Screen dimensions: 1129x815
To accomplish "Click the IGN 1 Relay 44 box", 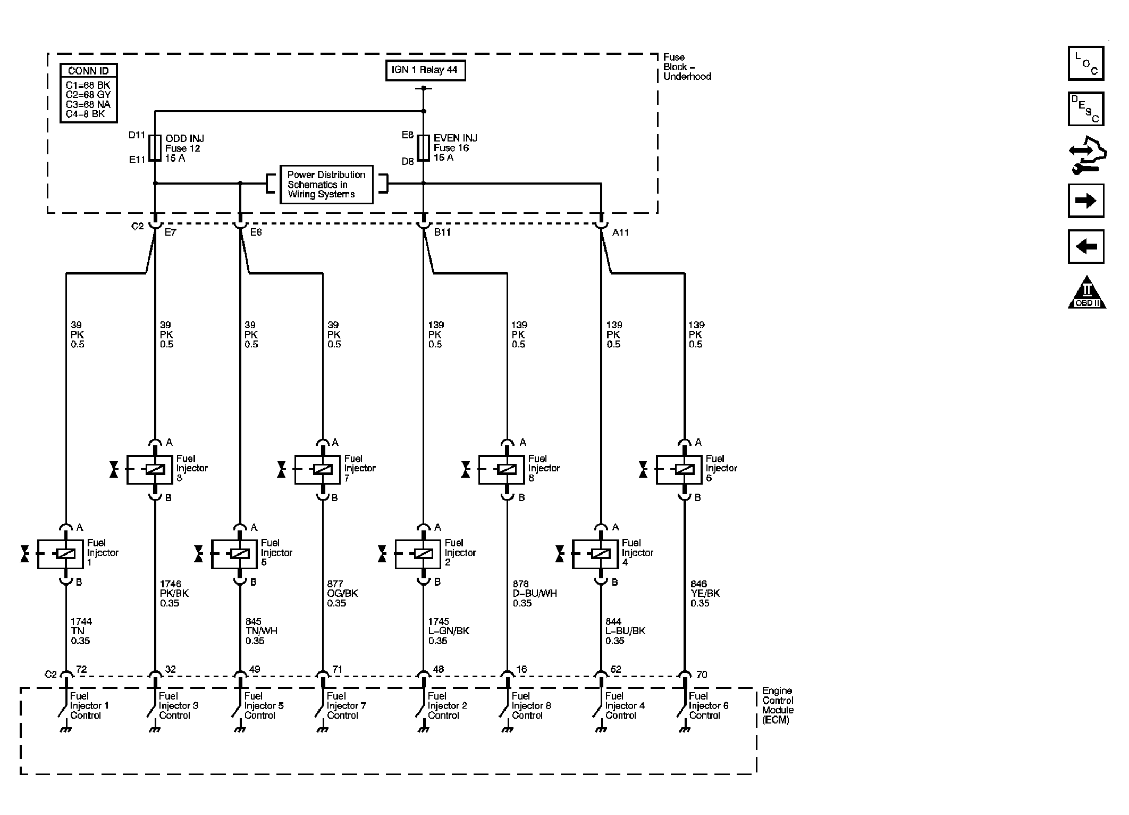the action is point(425,70).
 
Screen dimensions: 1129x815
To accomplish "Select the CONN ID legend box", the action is point(89,93).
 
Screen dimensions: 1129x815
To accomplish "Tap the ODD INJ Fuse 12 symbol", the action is point(155,148).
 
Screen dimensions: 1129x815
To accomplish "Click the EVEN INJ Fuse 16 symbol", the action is point(424,148).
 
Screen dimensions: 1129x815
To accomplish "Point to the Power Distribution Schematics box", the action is point(326,185).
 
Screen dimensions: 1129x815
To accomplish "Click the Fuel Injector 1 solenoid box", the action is point(60,554).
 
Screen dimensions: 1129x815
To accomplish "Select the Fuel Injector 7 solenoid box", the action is point(317,470).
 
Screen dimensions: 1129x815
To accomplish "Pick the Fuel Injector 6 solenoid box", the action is point(679,470).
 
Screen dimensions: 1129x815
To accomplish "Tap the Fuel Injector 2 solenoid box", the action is point(418,554).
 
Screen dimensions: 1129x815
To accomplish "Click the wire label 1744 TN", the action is point(81,631).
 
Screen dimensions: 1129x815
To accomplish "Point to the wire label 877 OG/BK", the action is point(342,594).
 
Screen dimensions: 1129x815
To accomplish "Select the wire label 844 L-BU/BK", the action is point(625,631).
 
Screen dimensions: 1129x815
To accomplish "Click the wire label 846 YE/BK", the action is point(705,594).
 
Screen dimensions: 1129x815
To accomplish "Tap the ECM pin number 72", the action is point(81,669).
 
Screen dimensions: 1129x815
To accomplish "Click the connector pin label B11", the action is point(442,232).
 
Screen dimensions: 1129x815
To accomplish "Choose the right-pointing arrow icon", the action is point(1086,201).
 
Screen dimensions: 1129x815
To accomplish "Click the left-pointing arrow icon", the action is point(1086,246).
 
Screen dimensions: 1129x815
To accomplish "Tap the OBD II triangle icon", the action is point(1087,292).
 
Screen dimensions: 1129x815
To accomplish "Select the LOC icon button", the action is point(1086,63).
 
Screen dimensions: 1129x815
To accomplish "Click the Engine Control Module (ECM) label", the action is point(778,705).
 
